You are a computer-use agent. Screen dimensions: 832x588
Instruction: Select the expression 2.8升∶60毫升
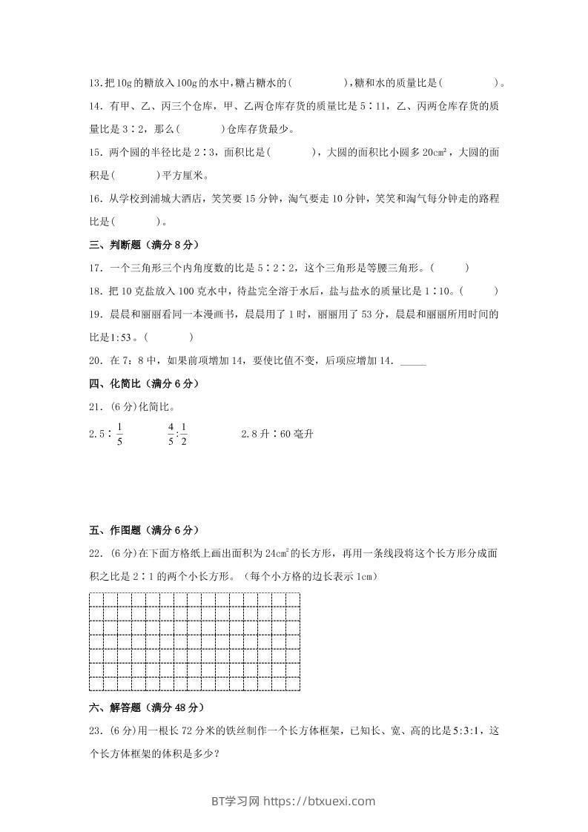tap(277, 434)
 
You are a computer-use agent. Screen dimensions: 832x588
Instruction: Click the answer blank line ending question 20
tap(413, 361)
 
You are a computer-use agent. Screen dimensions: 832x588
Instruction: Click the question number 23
tap(96, 730)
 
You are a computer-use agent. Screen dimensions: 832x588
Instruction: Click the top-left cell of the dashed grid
tap(96, 600)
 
